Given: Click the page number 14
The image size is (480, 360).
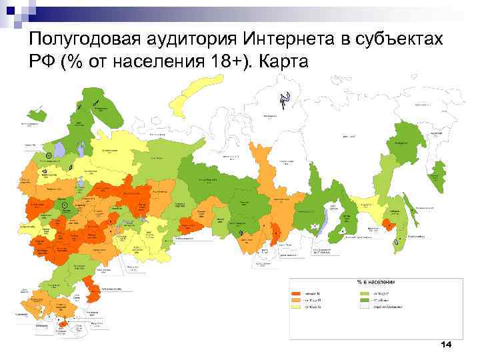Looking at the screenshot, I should (x=446, y=344).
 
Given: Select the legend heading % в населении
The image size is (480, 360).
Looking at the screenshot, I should (x=376, y=283).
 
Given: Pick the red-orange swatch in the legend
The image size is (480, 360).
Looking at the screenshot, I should (x=296, y=293).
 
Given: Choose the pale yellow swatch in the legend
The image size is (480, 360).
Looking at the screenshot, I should (x=296, y=307).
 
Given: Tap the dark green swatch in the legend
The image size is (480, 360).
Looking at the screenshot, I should (x=364, y=300).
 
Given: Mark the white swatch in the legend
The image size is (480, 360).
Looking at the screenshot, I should (x=364, y=307).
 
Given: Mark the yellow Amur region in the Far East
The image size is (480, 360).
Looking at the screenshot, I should (x=373, y=213).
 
